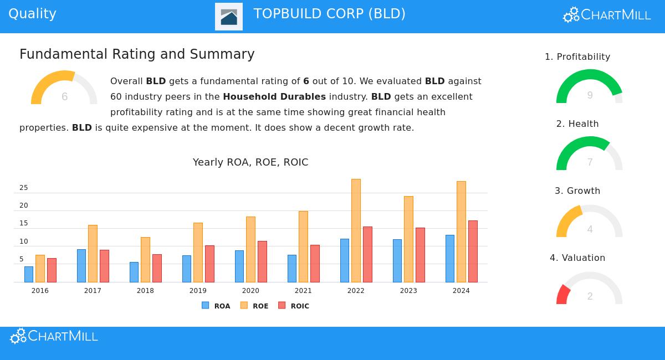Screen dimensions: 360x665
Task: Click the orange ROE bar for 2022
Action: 356,230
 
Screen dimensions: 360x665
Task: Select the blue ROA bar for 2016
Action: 29,274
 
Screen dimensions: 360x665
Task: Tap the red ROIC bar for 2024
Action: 473,251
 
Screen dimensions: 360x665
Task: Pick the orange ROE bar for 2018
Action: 145,259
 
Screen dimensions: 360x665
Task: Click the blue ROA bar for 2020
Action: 239,266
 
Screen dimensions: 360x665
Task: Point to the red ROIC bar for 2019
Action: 209,264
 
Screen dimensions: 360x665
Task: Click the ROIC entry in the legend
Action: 294,306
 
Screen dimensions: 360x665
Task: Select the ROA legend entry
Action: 216,306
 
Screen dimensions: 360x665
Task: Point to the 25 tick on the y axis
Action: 23,188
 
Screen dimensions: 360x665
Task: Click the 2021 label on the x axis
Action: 303,291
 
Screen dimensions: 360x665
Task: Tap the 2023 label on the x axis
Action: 408,291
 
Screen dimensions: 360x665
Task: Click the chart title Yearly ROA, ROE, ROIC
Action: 250,162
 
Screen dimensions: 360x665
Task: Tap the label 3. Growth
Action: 577,191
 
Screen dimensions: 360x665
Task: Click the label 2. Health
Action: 577,124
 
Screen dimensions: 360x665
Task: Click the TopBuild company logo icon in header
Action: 229,17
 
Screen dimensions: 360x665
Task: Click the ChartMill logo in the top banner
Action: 607,15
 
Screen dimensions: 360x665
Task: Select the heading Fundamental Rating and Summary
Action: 137,54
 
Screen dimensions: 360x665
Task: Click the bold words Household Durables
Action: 274,96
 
